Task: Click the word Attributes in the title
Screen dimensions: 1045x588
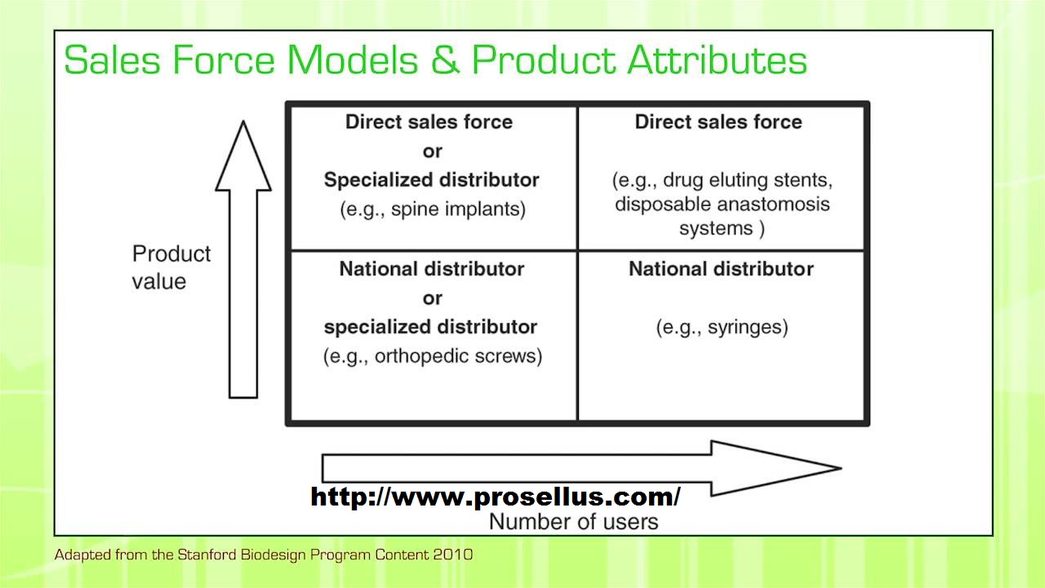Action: click(717, 60)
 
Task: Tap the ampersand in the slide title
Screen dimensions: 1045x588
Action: click(446, 60)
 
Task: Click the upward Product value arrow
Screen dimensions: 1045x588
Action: click(243, 260)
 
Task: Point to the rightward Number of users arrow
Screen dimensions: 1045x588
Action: click(581, 468)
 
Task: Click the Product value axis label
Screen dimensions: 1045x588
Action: click(171, 267)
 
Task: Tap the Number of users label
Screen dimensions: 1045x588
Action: click(573, 522)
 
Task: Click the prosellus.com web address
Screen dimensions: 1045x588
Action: click(496, 496)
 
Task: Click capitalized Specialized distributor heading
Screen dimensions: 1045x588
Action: click(432, 180)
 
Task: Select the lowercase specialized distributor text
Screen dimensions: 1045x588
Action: click(430, 327)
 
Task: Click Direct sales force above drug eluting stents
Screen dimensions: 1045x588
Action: click(718, 122)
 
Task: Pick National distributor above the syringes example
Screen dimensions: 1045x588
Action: click(721, 269)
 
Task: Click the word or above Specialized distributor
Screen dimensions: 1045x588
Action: click(432, 151)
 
